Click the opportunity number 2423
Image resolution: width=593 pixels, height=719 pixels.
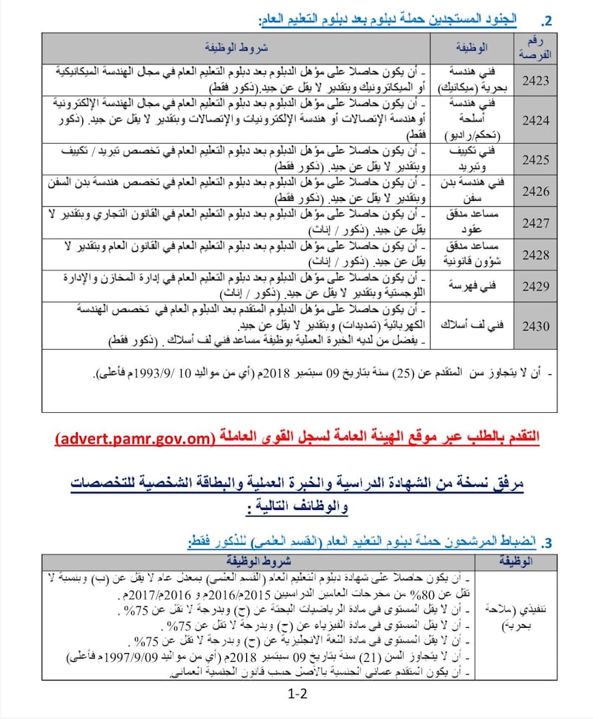[536, 80]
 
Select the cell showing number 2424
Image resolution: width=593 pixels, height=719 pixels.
[536, 119]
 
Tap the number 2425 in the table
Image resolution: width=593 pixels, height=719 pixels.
[536, 159]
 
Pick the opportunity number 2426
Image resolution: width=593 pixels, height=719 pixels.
[536, 191]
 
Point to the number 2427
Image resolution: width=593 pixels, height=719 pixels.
[536, 223]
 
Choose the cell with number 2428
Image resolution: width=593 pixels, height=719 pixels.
[536, 254]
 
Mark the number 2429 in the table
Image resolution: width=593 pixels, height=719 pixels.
[536, 285]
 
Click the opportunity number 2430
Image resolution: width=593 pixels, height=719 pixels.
[536, 325]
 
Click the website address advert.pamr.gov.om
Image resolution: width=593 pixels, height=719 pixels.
[134, 439]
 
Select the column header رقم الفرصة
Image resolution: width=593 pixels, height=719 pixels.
[536, 48]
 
